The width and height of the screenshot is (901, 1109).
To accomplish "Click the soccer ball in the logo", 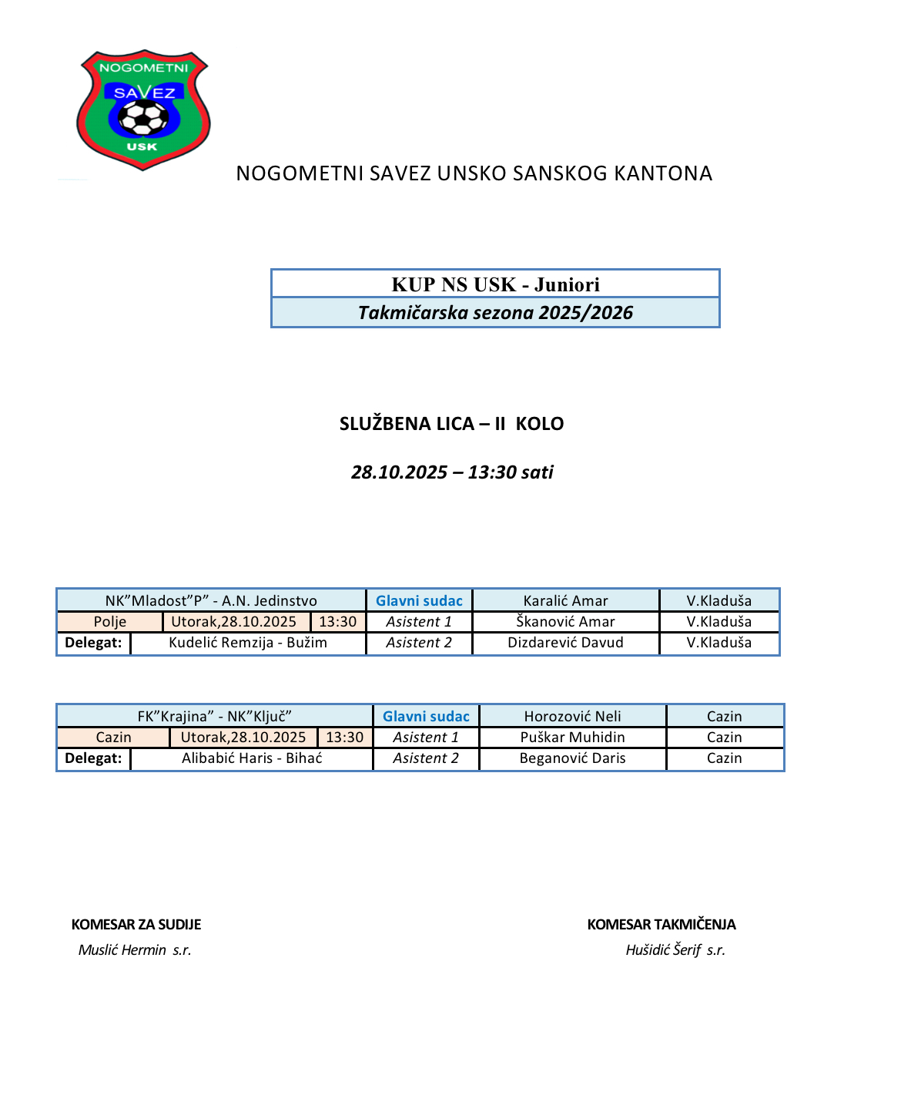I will (143, 119).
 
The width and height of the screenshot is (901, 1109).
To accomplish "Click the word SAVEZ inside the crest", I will (144, 92).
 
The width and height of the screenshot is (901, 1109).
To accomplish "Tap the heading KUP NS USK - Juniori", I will (495, 284).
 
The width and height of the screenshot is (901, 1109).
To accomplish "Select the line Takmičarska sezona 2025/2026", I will (495, 313).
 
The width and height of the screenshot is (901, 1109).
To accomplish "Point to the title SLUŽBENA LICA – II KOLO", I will (451, 424).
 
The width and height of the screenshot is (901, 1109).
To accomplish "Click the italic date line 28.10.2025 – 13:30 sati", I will (452, 472).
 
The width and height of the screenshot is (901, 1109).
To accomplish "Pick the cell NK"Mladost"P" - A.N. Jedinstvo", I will (211, 601).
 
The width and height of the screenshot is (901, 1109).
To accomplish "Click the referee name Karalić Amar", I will (565, 601).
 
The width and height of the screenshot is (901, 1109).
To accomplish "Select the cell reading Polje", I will (110, 622).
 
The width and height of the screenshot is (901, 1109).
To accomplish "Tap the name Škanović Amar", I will (565, 622).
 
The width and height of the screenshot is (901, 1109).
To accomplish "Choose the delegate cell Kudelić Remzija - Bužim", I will (248, 643).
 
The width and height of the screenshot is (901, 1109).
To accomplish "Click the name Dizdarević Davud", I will (565, 643).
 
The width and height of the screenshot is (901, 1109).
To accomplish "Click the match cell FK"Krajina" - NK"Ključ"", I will (214, 717).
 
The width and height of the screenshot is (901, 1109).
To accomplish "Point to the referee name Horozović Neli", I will (572, 717).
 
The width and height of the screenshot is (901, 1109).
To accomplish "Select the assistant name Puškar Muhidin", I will (572, 738).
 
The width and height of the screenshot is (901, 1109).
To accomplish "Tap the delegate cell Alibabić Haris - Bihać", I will (252, 758).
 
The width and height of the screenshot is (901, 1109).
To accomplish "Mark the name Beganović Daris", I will (572, 758).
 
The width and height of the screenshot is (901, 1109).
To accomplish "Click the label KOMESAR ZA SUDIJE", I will (136, 925).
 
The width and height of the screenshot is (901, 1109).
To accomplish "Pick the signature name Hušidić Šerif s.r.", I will (675, 950).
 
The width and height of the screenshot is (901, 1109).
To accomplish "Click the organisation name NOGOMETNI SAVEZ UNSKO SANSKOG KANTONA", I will (474, 173).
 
